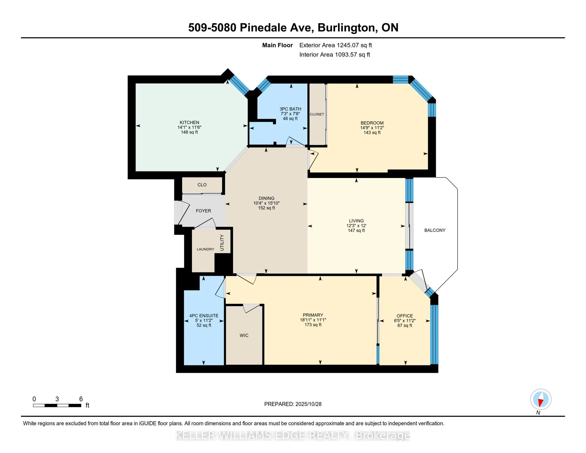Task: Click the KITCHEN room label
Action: [189, 122]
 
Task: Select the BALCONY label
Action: [434, 230]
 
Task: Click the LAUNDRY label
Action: [205, 249]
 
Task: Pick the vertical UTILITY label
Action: [222, 243]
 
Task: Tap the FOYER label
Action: [203, 211]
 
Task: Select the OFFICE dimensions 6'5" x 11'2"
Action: [404, 321]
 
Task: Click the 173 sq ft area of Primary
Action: [313, 325]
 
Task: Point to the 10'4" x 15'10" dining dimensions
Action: [266, 203]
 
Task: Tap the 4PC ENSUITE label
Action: [204, 316]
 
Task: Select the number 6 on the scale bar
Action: [81, 399]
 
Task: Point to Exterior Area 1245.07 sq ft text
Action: [335, 45]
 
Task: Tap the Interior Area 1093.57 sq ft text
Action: [334, 54]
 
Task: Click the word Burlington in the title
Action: [346, 28]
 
